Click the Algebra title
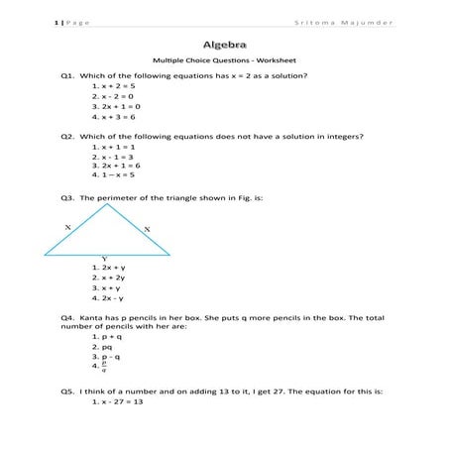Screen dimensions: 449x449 225,45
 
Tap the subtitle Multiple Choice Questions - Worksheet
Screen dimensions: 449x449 224,61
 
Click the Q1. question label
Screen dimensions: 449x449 67,76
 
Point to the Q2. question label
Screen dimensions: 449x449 67,136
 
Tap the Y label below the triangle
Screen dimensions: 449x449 105,259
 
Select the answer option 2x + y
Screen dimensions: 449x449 111,268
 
